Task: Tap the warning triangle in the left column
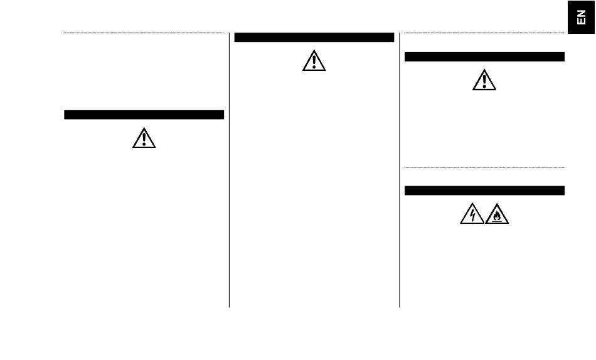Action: [144, 139]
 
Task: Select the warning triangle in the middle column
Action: [314, 60]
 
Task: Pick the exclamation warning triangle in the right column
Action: [484, 80]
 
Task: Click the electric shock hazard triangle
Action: [472, 214]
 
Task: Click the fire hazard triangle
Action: [497, 214]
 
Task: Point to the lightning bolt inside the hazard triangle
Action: [472, 216]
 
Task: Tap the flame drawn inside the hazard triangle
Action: [497, 218]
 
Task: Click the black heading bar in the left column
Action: [144, 115]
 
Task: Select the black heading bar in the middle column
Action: [314, 38]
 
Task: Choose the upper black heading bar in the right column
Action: [484, 57]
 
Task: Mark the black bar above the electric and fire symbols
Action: [484, 190]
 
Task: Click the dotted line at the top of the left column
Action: [144, 33]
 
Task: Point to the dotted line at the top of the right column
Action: [484, 33]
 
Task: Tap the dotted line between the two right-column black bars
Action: [484, 167]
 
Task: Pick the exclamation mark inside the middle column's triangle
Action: [314, 61]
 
